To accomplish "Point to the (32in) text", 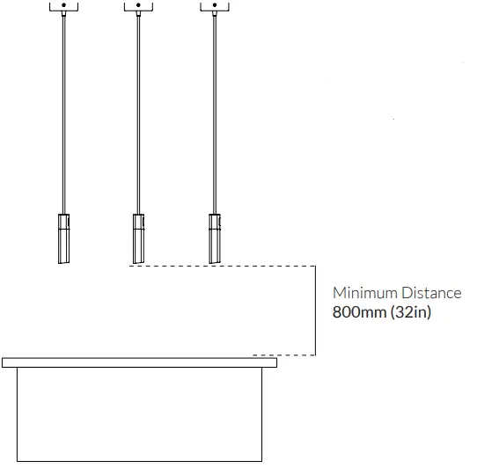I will pos(410,312).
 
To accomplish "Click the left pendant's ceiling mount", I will pos(63,8).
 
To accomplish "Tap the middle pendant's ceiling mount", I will pos(138,8).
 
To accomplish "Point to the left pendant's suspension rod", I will pos(63,114).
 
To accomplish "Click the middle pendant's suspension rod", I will pos(138,114).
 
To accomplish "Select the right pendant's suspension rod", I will pos(214,114).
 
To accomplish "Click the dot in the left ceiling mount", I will pos(63,4).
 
